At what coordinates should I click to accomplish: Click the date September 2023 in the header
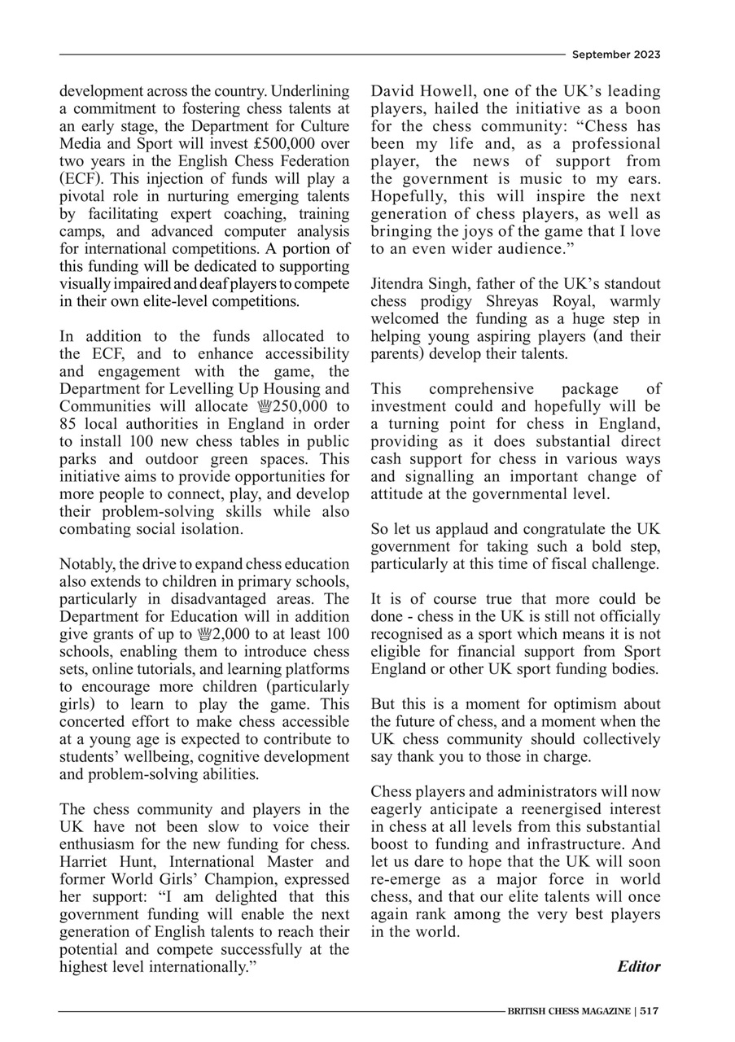coord(615,55)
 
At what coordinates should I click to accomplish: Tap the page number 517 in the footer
coord(649,1011)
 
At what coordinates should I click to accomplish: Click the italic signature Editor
coord(638,966)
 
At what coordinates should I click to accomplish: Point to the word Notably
coord(85,564)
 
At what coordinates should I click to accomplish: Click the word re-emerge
coord(405,879)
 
